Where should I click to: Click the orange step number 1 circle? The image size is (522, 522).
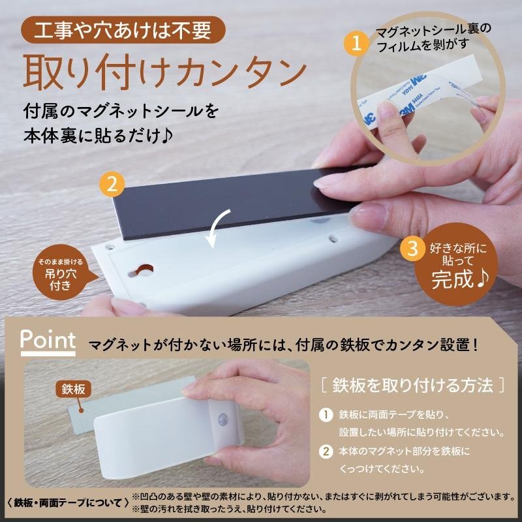click(x=356, y=44)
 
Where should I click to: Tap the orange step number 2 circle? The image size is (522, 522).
click(x=112, y=184)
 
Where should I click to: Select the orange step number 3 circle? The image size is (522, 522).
click(x=412, y=248)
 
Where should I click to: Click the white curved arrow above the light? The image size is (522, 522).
click(x=217, y=228)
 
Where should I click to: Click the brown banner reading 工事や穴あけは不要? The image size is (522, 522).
click(x=123, y=30)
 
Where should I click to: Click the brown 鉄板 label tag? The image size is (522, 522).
click(x=73, y=389)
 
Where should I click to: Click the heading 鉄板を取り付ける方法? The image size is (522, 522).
click(x=412, y=386)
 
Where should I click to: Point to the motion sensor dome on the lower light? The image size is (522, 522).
click(x=223, y=419)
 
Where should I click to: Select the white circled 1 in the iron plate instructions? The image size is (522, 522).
click(x=326, y=415)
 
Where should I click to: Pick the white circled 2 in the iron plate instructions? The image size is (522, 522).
click(x=326, y=452)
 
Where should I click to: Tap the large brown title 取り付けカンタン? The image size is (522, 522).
click(x=165, y=72)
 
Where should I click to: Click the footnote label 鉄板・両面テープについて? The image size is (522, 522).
click(x=68, y=502)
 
